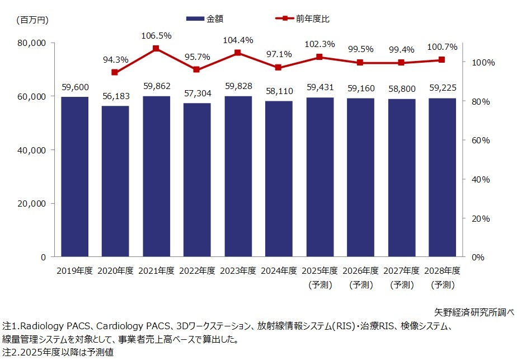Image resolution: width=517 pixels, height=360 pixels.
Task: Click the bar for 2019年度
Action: click(x=74, y=176)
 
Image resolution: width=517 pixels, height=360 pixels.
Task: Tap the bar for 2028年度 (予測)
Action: click(x=442, y=177)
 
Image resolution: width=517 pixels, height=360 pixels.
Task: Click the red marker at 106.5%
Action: click(x=156, y=49)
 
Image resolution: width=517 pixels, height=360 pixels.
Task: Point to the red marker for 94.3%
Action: click(x=115, y=72)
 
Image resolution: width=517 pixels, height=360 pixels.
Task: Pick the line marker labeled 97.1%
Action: click(x=279, y=67)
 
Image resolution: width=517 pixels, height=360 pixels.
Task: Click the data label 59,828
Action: click(x=238, y=86)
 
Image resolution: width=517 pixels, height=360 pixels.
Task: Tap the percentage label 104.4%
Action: click(x=238, y=40)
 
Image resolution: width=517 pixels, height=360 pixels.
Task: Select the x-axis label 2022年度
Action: click(x=197, y=270)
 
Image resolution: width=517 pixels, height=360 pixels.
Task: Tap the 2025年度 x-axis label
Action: click(x=319, y=270)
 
